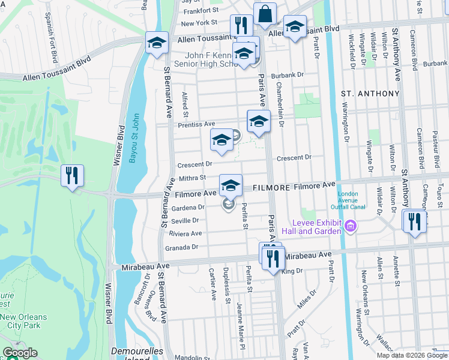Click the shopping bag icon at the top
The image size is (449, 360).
click(x=264, y=14)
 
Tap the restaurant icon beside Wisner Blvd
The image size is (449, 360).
click(x=73, y=176)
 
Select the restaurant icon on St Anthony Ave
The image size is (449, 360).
click(x=414, y=221)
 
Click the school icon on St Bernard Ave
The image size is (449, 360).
click(x=157, y=43)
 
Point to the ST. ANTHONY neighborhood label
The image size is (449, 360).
click(x=370, y=94)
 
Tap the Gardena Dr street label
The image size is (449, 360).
click(x=188, y=207)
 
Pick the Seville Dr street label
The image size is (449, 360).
click(x=185, y=220)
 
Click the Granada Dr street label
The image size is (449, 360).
click(x=183, y=247)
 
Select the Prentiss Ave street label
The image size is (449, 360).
click(x=196, y=124)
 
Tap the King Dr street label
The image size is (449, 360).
click(x=292, y=271)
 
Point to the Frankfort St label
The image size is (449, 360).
click(x=200, y=11)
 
